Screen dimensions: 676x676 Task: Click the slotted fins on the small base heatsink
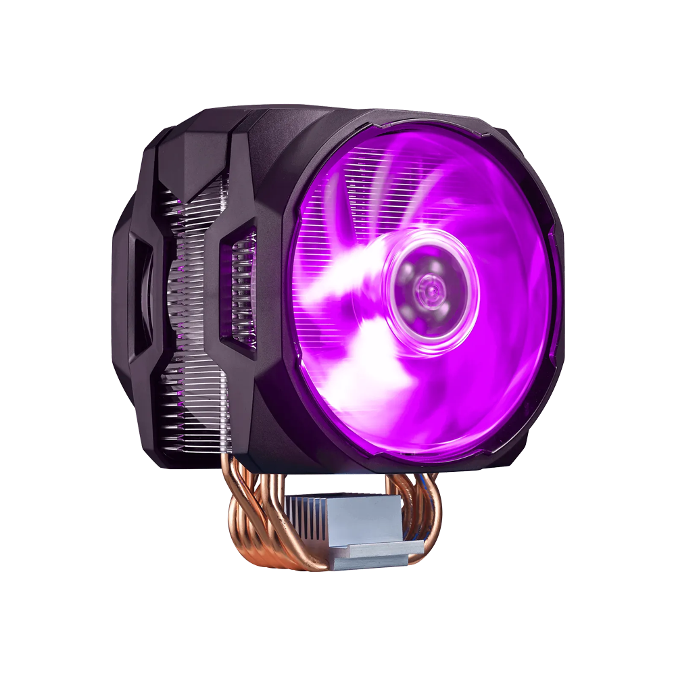pos(318,507)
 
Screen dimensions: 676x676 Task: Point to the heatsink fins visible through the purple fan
pos(352,196)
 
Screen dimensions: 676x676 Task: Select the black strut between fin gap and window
pos(220,284)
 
